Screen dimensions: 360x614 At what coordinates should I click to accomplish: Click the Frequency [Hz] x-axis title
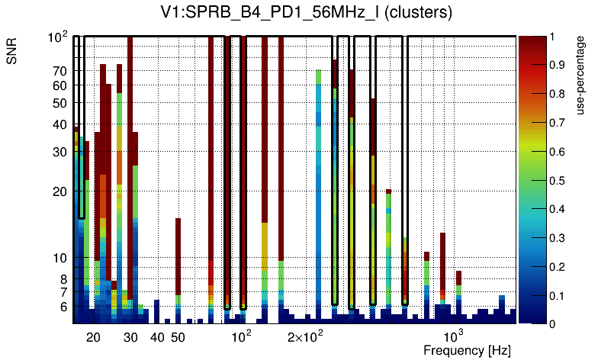[x=467, y=350]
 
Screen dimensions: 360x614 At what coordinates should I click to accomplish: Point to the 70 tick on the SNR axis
[x=60, y=71]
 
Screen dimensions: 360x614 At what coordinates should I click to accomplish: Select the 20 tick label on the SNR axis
[x=60, y=191]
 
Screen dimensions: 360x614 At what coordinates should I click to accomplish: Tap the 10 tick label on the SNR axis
[x=60, y=258]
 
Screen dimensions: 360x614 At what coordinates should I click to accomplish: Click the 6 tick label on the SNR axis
[x=63, y=307]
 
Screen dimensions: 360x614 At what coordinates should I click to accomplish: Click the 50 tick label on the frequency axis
[x=177, y=337]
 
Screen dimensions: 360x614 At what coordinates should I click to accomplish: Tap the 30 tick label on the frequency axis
[x=131, y=337]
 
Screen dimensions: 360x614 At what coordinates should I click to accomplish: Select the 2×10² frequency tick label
[x=305, y=336]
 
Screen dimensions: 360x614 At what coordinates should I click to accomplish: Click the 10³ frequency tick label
[x=454, y=336]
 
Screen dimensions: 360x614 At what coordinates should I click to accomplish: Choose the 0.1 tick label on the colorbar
[x=561, y=295]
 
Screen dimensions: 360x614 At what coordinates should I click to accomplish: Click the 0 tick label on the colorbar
[x=556, y=323]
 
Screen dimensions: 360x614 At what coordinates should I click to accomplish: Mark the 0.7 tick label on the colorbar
[x=561, y=123]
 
